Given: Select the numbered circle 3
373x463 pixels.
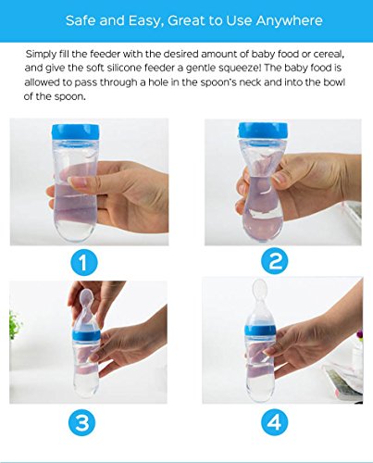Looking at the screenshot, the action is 82,422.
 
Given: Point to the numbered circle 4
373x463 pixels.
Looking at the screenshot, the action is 275,422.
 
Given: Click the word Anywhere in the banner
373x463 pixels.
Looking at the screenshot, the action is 289,21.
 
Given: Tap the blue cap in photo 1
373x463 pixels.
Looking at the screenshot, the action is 76,131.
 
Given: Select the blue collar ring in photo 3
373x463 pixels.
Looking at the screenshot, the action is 86,333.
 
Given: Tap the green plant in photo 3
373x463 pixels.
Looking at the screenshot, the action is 15,325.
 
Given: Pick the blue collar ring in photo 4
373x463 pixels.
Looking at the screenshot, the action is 260,330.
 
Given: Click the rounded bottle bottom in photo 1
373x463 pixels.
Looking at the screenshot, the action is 75,230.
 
